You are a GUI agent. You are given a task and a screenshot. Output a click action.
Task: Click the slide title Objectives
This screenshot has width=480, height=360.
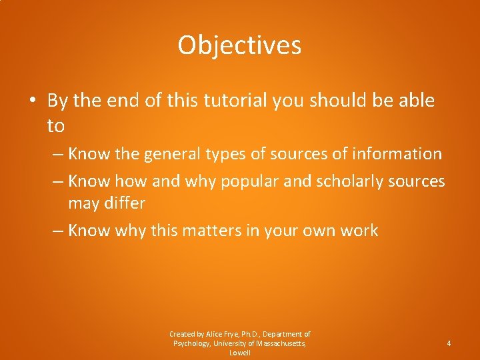pos(239,45)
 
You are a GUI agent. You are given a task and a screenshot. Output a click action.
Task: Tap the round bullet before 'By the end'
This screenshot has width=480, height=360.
pos(33,102)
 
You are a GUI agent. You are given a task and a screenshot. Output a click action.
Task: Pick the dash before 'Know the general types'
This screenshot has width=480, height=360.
pos(58,155)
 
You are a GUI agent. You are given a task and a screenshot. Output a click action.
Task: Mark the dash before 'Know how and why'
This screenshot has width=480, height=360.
pos(58,182)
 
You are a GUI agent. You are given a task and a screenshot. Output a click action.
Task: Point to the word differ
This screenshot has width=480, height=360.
pos(125,203)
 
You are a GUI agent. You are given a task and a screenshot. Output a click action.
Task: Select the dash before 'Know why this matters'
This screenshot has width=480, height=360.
pos(58,231)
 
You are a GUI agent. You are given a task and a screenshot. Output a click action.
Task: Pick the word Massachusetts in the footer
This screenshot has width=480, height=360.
pos(278,343)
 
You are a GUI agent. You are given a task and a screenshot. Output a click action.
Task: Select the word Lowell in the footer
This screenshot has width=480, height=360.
pos(239,353)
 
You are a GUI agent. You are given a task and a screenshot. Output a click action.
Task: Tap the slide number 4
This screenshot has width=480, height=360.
pos(449,343)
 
